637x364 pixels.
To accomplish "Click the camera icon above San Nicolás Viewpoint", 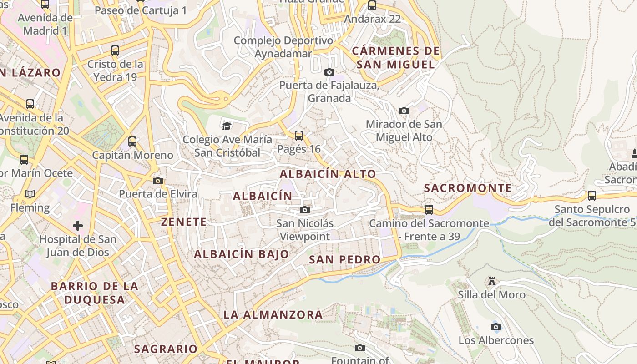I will [x=305, y=210].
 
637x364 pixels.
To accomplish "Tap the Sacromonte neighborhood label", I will [x=468, y=188].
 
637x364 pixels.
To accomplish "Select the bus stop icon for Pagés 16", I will [x=298, y=135].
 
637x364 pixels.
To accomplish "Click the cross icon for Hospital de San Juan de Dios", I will [x=78, y=225].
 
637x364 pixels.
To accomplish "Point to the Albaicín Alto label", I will [x=328, y=174].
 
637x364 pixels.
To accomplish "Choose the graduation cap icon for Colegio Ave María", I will [x=226, y=126].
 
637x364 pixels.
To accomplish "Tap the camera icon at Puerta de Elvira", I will [x=158, y=181].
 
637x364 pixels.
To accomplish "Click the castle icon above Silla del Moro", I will [x=491, y=281].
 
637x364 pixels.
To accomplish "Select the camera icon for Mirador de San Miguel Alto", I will [x=404, y=111].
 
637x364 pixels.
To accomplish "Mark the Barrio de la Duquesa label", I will [x=94, y=293].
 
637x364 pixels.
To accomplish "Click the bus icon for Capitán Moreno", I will [x=132, y=141].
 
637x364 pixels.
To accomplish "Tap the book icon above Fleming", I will [x=30, y=194].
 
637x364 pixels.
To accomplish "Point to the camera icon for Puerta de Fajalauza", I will [x=329, y=72].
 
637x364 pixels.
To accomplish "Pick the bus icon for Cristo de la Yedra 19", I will [x=115, y=50].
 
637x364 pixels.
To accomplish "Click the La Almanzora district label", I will [x=273, y=314].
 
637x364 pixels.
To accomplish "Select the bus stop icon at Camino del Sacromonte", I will [x=429, y=209].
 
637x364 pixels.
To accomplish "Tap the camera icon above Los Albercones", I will [x=496, y=327].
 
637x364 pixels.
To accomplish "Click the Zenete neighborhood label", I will [x=184, y=222].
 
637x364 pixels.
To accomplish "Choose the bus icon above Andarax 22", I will [x=372, y=5].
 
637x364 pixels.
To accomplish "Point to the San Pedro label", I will [x=344, y=259].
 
